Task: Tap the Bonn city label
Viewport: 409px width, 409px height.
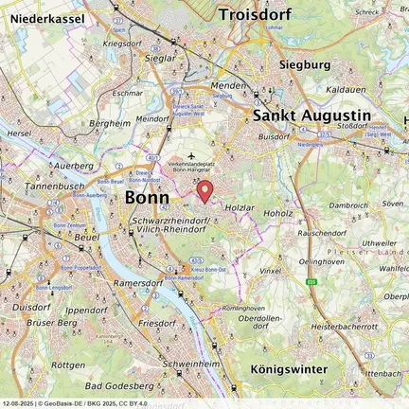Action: tap(147, 199)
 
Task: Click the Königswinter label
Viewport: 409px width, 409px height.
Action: tap(291, 368)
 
